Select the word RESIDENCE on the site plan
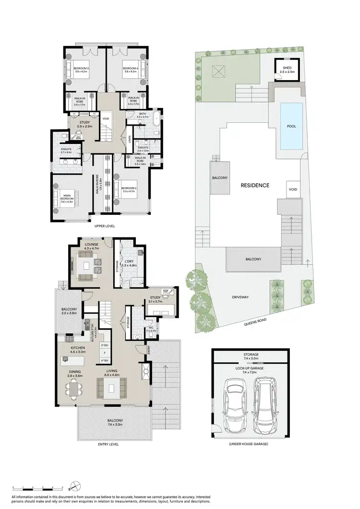click(x=255, y=185)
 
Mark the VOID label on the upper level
click(x=107, y=118)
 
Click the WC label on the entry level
click(x=150, y=328)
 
